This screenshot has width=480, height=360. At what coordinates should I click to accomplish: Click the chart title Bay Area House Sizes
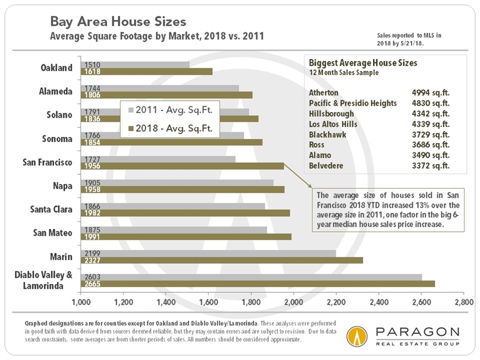click(x=118, y=22)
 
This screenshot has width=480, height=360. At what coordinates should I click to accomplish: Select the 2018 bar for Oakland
click(x=146, y=72)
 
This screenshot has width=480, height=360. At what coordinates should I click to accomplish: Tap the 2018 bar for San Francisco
click(x=182, y=166)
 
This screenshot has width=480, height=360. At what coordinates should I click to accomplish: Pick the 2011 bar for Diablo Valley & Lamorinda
click(x=251, y=277)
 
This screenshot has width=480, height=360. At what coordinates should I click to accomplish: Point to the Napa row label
click(x=62, y=186)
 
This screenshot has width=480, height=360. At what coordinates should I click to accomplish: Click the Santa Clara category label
click(x=52, y=209)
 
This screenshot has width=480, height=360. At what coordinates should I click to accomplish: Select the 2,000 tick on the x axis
click(x=293, y=301)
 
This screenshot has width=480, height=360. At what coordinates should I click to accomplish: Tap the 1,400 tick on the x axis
click(x=166, y=301)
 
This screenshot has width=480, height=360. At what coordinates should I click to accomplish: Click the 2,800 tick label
click(x=463, y=301)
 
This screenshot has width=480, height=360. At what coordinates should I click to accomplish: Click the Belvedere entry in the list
click(x=327, y=166)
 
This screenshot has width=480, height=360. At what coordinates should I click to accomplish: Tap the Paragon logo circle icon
click(x=357, y=336)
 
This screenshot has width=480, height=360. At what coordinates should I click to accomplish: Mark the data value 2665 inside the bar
click(x=93, y=284)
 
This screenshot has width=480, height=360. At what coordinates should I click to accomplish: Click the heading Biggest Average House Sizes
click(x=363, y=63)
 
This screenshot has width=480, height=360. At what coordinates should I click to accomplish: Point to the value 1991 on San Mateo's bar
click(x=93, y=237)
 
